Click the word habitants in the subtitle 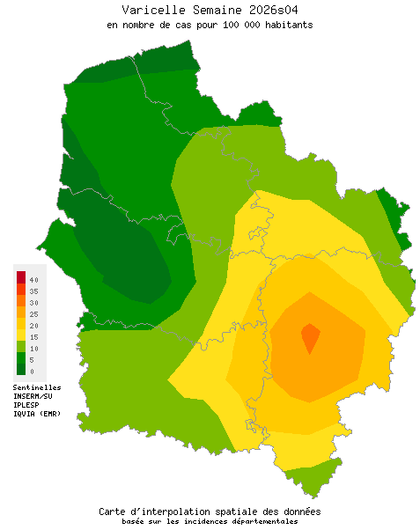coord(286,25)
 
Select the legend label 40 coord(33,279)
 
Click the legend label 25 coord(33,313)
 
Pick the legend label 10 coord(33,348)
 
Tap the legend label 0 coord(32,371)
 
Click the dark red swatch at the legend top coord(21,277)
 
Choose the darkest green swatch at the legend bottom coord(21,368)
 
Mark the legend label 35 coord(33,291)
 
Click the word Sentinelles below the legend coord(37,387)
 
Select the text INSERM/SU coord(33,396)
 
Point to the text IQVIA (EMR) coord(37,414)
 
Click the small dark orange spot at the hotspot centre coord(310,335)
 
